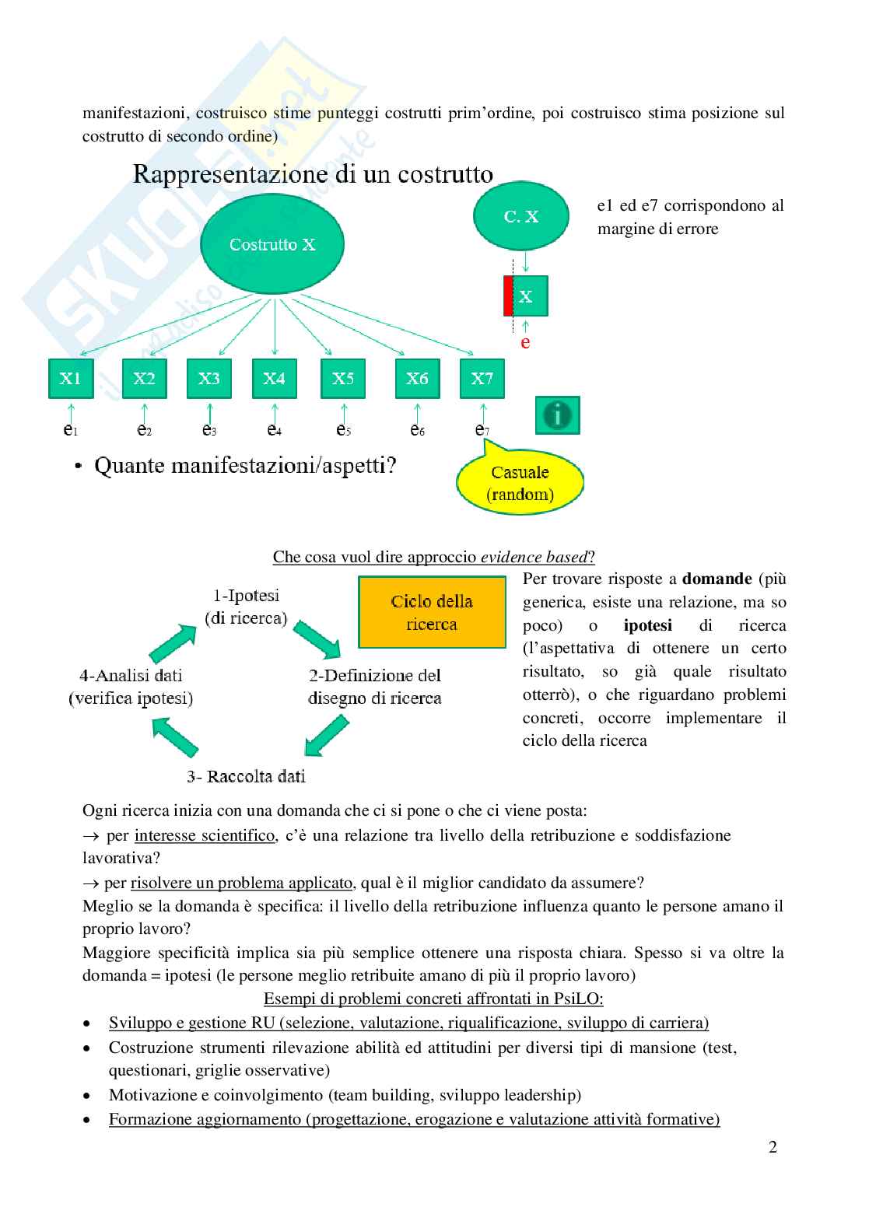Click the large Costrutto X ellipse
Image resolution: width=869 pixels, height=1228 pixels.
point(272,244)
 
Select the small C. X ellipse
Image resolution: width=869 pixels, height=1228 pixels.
point(520,216)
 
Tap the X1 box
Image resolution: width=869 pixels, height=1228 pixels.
point(71,379)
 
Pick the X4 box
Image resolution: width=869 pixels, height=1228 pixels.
point(274,379)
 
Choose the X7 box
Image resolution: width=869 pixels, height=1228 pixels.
point(482,379)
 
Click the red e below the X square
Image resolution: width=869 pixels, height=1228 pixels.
point(525,342)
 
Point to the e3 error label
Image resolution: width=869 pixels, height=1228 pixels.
point(208,429)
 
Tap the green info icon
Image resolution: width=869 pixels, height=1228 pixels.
point(557,415)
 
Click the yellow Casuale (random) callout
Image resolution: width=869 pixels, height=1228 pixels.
point(520,483)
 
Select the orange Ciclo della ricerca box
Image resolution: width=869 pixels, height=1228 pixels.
point(432,612)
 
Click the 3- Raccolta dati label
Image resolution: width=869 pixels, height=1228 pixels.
point(246,776)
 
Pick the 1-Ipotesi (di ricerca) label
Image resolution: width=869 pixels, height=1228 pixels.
point(246,607)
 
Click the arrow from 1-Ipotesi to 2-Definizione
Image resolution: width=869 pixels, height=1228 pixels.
point(317,638)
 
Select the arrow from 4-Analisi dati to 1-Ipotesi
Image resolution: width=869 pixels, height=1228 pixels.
point(172,643)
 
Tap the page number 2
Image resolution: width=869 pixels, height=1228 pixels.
point(773,1147)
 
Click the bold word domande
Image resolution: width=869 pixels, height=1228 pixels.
point(717,579)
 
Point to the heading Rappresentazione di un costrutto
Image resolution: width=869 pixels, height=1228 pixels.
point(313,174)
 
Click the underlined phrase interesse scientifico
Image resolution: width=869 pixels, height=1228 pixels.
point(205,835)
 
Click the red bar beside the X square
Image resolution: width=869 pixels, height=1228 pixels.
point(508,296)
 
